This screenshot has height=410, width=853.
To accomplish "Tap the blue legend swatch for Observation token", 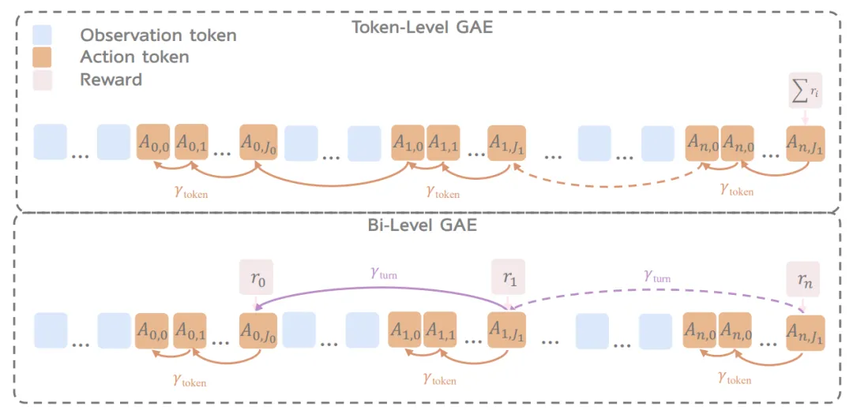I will [x=42, y=35].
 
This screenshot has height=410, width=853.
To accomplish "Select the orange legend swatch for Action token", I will [x=42, y=57].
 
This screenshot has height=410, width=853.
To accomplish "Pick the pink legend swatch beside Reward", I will [x=42, y=79].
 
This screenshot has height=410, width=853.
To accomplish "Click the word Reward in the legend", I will [x=111, y=80].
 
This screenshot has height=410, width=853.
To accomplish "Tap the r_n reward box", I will [x=803, y=278].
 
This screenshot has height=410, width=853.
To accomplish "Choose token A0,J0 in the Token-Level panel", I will [x=258, y=143].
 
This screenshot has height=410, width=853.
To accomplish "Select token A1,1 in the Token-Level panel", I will [x=445, y=143].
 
